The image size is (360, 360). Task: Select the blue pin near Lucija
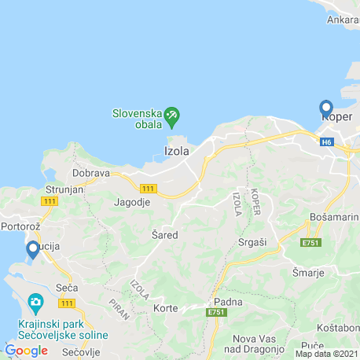(33, 249)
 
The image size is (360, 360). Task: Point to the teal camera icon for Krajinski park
(35, 302)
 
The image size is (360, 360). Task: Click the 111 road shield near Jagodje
(147, 189)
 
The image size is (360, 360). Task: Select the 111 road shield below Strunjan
(50, 201)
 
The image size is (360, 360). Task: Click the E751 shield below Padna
(216, 313)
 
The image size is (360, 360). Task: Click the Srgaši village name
(252, 242)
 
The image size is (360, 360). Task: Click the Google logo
(25, 350)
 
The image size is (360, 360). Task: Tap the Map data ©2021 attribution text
(326, 354)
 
